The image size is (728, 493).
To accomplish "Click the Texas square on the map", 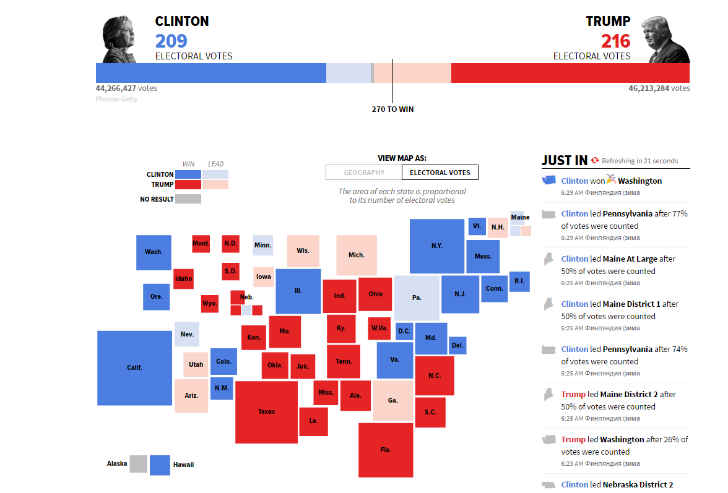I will [x=266, y=412].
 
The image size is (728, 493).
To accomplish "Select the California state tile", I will [x=135, y=368].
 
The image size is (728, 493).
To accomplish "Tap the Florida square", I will [x=386, y=450].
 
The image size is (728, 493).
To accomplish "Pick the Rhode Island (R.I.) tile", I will [x=519, y=281].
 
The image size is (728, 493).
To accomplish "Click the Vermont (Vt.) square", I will [x=477, y=226].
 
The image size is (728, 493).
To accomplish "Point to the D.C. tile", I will [x=404, y=331].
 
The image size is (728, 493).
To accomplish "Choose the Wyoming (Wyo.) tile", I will [x=210, y=304].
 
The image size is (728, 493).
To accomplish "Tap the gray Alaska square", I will [x=138, y=464].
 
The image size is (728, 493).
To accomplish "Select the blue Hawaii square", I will [x=160, y=465].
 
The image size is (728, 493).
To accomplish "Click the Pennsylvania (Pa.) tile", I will [x=417, y=298].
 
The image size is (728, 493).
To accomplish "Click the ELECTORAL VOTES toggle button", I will [x=440, y=173].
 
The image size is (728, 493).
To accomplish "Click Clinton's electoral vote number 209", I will [x=171, y=41].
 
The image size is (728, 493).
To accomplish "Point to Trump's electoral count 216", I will [x=615, y=41].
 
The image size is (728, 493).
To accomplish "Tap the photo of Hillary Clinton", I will [x=119, y=40].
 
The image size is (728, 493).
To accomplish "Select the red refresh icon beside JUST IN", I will [x=595, y=160].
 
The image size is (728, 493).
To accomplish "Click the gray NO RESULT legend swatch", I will [x=188, y=199].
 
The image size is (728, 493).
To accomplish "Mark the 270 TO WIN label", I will [x=392, y=109].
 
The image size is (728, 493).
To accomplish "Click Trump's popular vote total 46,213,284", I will [x=649, y=88].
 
